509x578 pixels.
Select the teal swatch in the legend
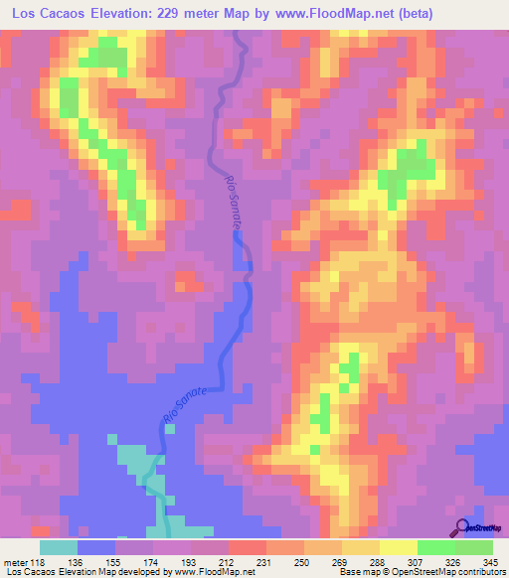59,547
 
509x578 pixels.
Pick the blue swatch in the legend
96,547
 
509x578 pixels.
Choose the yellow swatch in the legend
399,547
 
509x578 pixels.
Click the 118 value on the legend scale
40,561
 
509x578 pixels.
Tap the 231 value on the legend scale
266,561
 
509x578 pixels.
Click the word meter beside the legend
16,561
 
